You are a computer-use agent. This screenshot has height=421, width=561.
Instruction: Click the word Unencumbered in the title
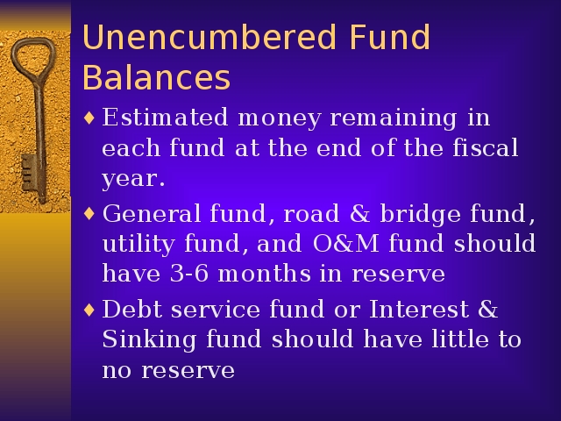209,37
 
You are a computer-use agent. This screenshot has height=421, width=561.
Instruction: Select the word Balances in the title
156,77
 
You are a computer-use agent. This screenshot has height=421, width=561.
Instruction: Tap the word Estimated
165,117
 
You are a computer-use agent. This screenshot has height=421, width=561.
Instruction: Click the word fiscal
486,146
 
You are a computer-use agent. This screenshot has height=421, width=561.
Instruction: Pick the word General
152,213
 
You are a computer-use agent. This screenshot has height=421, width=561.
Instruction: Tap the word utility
138,245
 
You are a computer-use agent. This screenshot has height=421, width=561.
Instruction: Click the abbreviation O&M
345,244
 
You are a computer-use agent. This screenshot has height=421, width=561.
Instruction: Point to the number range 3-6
189,274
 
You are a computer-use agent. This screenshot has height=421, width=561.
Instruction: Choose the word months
264,274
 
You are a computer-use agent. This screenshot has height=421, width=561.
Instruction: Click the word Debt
132,309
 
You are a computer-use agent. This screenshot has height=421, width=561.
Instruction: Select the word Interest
419,309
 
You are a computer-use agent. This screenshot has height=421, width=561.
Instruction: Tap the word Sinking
149,340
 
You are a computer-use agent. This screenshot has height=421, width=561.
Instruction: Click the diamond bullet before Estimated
89,118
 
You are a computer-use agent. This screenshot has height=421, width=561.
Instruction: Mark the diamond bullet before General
89,214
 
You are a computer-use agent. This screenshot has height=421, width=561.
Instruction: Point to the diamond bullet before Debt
89,310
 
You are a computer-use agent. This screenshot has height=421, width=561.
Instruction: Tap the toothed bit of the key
28,173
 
